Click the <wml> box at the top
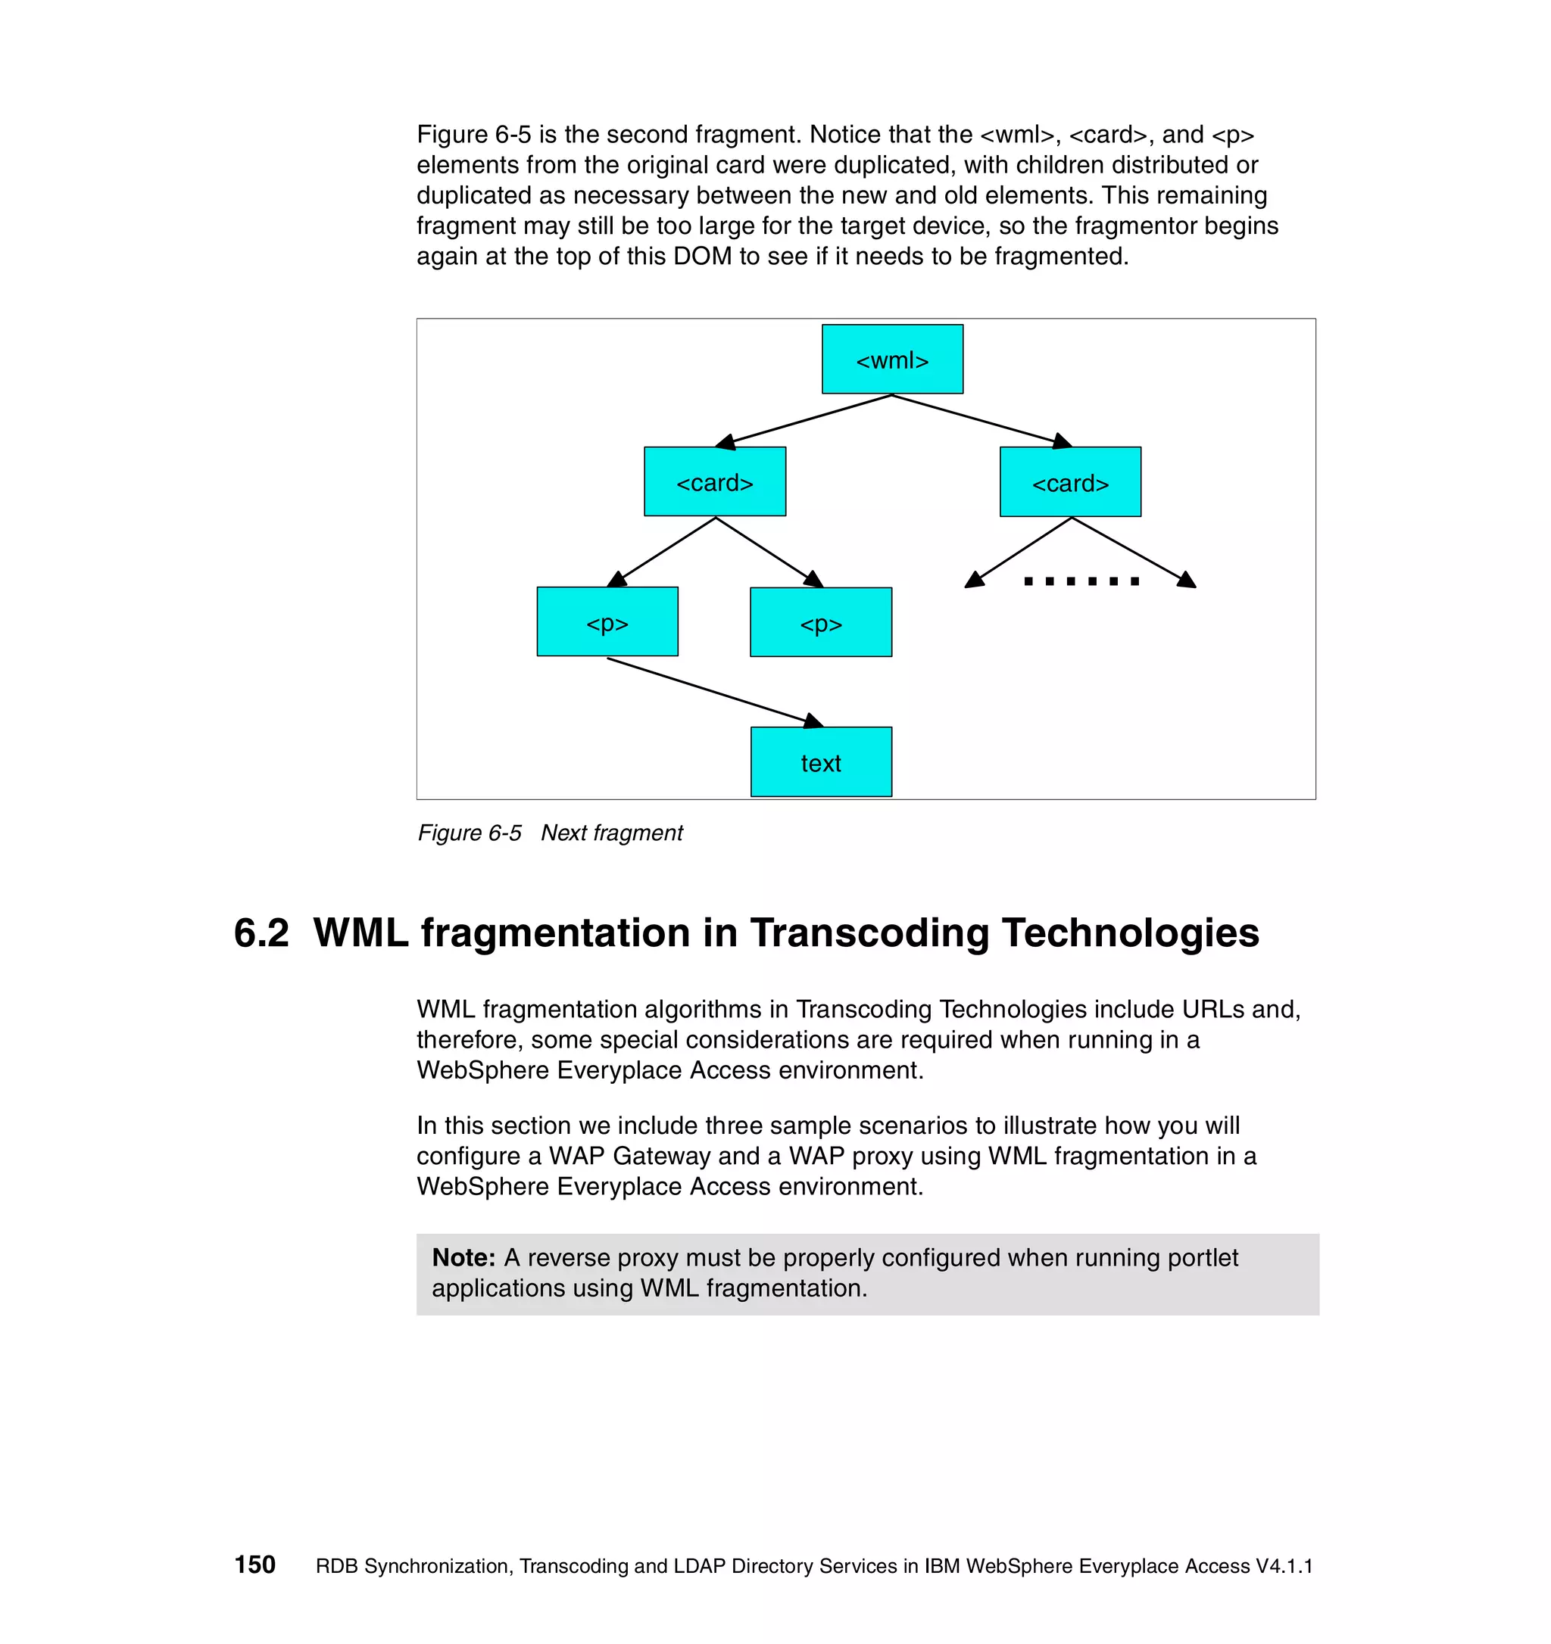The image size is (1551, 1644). click(x=891, y=359)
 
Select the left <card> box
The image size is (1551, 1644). click(x=715, y=481)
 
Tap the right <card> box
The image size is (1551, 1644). click(x=1069, y=482)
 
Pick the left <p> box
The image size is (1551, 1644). click(x=607, y=622)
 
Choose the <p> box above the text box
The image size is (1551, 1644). click(x=821, y=623)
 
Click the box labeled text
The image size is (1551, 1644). click(x=821, y=761)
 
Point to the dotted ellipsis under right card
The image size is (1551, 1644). click(x=1081, y=581)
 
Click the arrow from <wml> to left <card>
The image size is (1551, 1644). click(x=807, y=419)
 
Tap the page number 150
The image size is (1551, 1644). click(x=254, y=1565)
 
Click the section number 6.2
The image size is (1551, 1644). click(x=261, y=933)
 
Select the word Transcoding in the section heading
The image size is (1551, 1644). click(x=869, y=933)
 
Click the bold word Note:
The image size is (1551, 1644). click(x=463, y=1258)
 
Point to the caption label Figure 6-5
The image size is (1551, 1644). click(x=469, y=833)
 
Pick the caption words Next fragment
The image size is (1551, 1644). click(x=611, y=833)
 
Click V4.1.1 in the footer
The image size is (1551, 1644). click(x=1284, y=1566)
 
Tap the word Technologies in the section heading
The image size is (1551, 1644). click(x=1130, y=933)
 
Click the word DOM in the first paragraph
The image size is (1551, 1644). click(x=702, y=257)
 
